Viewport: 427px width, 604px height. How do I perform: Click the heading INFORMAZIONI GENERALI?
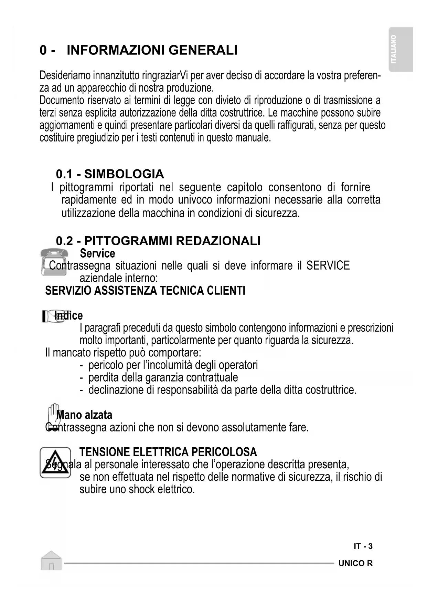(152, 50)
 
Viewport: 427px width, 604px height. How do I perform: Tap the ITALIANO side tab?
(401, 49)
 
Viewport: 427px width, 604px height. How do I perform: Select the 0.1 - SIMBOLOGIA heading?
(110, 174)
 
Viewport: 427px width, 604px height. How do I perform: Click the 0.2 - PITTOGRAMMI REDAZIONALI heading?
(158, 241)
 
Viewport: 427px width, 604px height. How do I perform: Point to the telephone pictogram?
(53, 261)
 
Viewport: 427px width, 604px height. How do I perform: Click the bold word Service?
(97, 253)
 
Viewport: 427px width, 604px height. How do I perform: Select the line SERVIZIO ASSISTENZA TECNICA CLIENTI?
(145, 291)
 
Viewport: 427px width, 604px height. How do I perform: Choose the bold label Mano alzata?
(84, 415)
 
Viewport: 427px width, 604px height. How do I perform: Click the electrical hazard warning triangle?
(55, 462)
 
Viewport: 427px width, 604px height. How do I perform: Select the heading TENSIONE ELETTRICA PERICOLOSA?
(168, 452)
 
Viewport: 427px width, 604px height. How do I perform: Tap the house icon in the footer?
(51, 561)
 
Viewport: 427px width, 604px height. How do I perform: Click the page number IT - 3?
(363, 546)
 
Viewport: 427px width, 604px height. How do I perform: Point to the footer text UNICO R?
(355, 563)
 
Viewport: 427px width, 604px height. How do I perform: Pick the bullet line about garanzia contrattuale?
(163, 377)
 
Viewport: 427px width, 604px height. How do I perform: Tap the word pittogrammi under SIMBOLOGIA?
(86, 187)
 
